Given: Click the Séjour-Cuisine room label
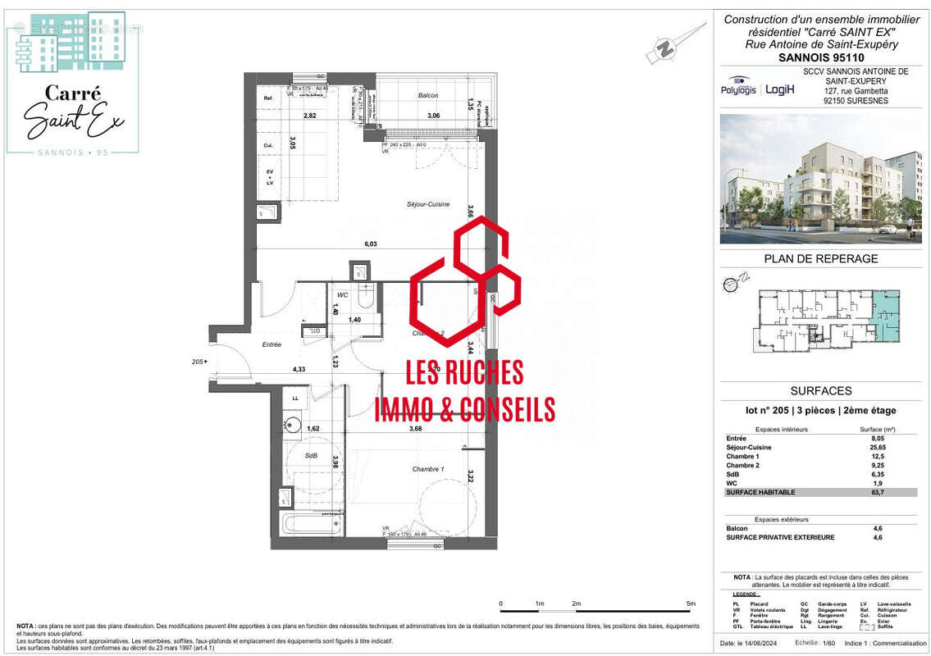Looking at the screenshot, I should pos(427,204).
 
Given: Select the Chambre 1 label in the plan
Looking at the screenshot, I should pos(427,468).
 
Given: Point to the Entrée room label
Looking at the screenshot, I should pos(272,345).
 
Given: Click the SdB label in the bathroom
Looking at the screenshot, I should pos(311,456).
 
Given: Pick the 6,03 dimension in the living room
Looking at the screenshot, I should pos(371,244).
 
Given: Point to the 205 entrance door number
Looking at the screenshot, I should pos(197,362).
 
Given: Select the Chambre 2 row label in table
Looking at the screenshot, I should pos(740,465).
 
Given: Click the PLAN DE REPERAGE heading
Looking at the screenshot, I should pos(809,259).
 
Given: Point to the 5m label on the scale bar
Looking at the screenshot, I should pos(691,604).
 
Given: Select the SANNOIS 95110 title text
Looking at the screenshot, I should pos(809,58).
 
